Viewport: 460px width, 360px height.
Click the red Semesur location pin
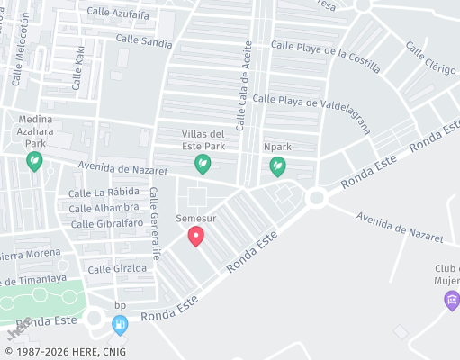pos(195,236)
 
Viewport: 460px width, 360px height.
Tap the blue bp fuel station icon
pos(119,323)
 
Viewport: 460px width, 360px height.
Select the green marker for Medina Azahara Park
pos(34,162)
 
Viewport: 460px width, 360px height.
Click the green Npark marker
pos(278,166)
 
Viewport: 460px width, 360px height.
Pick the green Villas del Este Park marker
pos(203,164)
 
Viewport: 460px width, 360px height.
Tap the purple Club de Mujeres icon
pos(453,298)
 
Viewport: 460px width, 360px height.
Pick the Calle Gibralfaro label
pos(106,223)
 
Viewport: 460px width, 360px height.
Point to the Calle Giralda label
pos(118,268)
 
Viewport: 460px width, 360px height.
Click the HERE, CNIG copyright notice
pos(65,352)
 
